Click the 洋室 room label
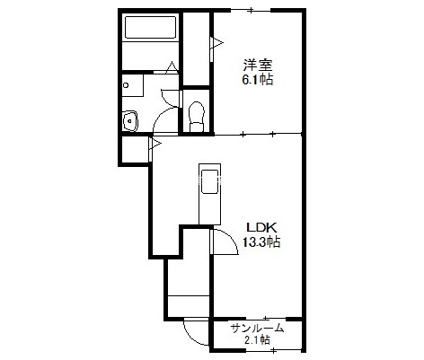click(x=257, y=65)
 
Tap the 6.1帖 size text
click(x=257, y=80)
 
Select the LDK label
click(x=261, y=228)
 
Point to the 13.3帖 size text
click(x=261, y=241)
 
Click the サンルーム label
click(x=257, y=329)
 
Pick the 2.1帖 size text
click(x=257, y=340)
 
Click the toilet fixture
click(x=197, y=117)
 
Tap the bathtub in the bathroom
click(x=150, y=27)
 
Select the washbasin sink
click(x=130, y=120)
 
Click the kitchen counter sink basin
click(x=209, y=181)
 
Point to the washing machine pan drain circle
click(x=126, y=85)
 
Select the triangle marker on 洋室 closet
click(x=217, y=43)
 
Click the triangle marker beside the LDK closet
click(x=155, y=144)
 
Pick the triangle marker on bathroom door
click(x=172, y=66)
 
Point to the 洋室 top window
click(x=251, y=11)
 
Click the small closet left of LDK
click(x=136, y=149)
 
